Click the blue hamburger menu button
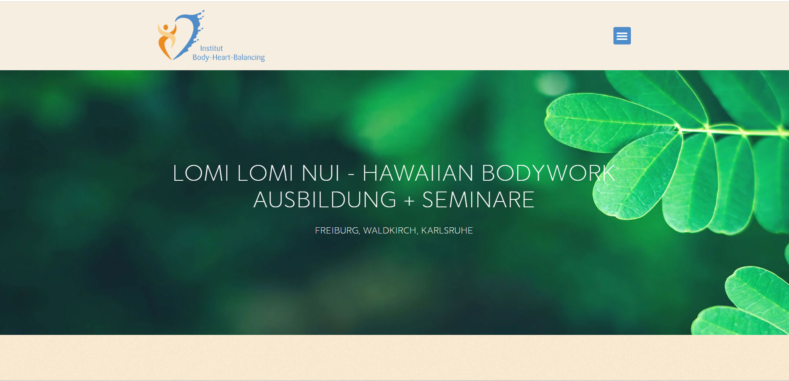point(622,36)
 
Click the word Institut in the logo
point(211,48)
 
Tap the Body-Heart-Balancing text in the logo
point(229,57)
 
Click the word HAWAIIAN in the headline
point(418,173)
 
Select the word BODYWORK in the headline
point(548,173)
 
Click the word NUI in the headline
point(320,173)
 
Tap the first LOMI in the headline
point(201,173)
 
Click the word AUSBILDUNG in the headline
point(325,200)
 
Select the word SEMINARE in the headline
point(478,200)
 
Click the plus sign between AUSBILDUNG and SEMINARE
point(409,201)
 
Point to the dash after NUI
point(351,175)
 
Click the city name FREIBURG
point(337,231)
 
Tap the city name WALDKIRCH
point(390,231)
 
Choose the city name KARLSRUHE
point(447,231)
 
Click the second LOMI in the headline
point(265,173)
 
